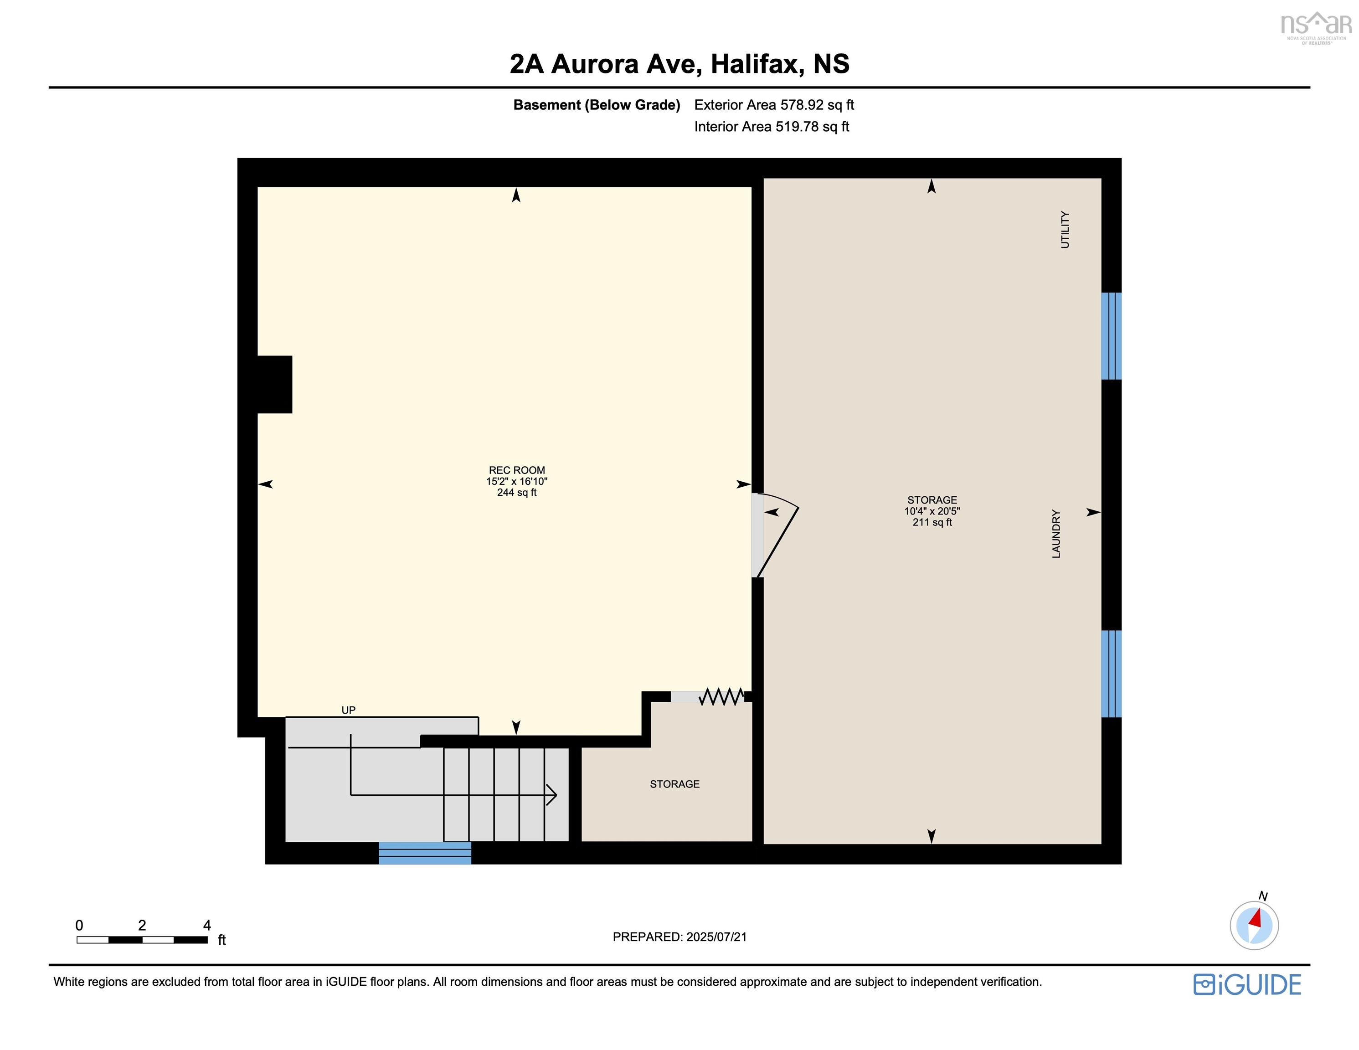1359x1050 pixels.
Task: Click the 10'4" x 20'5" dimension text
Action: (932, 511)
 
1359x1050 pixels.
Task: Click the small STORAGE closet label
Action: (674, 784)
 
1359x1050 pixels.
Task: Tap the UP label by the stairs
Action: (349, 710)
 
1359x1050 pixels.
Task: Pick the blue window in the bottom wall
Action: (425, 853)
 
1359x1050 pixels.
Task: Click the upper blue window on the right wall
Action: (1112, 336)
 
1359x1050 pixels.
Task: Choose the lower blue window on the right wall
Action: (1112, 674)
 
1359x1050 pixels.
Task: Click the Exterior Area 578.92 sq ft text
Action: (774, 104)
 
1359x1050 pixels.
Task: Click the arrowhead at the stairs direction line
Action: (552, 795)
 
